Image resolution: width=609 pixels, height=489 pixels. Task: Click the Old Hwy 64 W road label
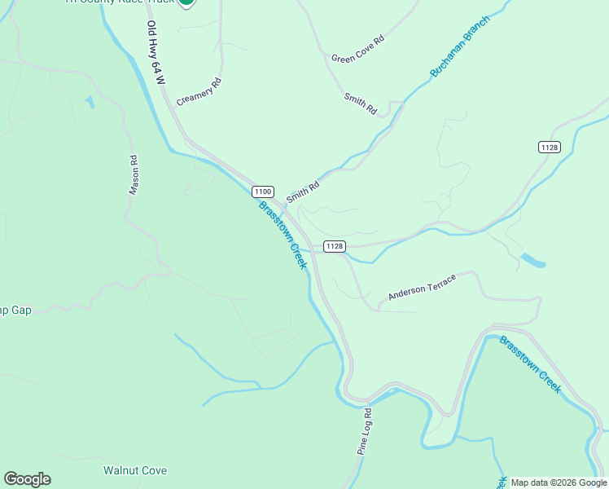pyautogui.click(x=155, y=54)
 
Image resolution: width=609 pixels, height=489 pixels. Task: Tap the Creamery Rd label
pyautogui.click(x=199, y=88)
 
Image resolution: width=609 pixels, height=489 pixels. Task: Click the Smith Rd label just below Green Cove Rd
pyautogui.click(x=360, y=104)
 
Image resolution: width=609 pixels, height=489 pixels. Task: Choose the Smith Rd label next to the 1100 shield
pyautogui.click(x=302, y=192)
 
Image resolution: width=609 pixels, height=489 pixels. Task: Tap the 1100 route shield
pyautogui.click(x=262, y=192)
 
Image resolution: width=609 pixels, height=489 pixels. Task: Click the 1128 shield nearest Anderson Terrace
pyautogui.click(x=334, y=246)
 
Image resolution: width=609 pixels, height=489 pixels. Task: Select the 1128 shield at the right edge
pyautogui.click(x=549, y=147)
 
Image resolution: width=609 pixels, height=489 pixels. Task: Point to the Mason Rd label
pyautogui.click(x=134, y=175)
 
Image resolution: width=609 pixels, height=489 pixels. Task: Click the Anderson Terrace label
pyautogui.click(x=422, y=287)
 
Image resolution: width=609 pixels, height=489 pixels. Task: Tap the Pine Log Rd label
pyautogui.click(x=364, y=431)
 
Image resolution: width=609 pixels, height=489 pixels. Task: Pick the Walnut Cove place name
pyautogui.click(x=135, y=470)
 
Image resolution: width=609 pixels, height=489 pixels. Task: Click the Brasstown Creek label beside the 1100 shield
pyautogui.click(x=283, y=235)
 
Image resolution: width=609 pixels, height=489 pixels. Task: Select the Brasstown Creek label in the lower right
pyautogui.click(x=531, y=364)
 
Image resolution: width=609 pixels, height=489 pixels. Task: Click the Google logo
pyautogui.click(x=27, y=479)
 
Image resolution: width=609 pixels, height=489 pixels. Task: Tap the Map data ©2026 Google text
pyautogui.click(x=559, y=482)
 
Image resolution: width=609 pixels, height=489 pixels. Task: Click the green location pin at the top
pyautogui.click(x=186, y=2)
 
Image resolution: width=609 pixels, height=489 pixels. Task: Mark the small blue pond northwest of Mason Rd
pyautogui.click(x=89, y=102)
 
